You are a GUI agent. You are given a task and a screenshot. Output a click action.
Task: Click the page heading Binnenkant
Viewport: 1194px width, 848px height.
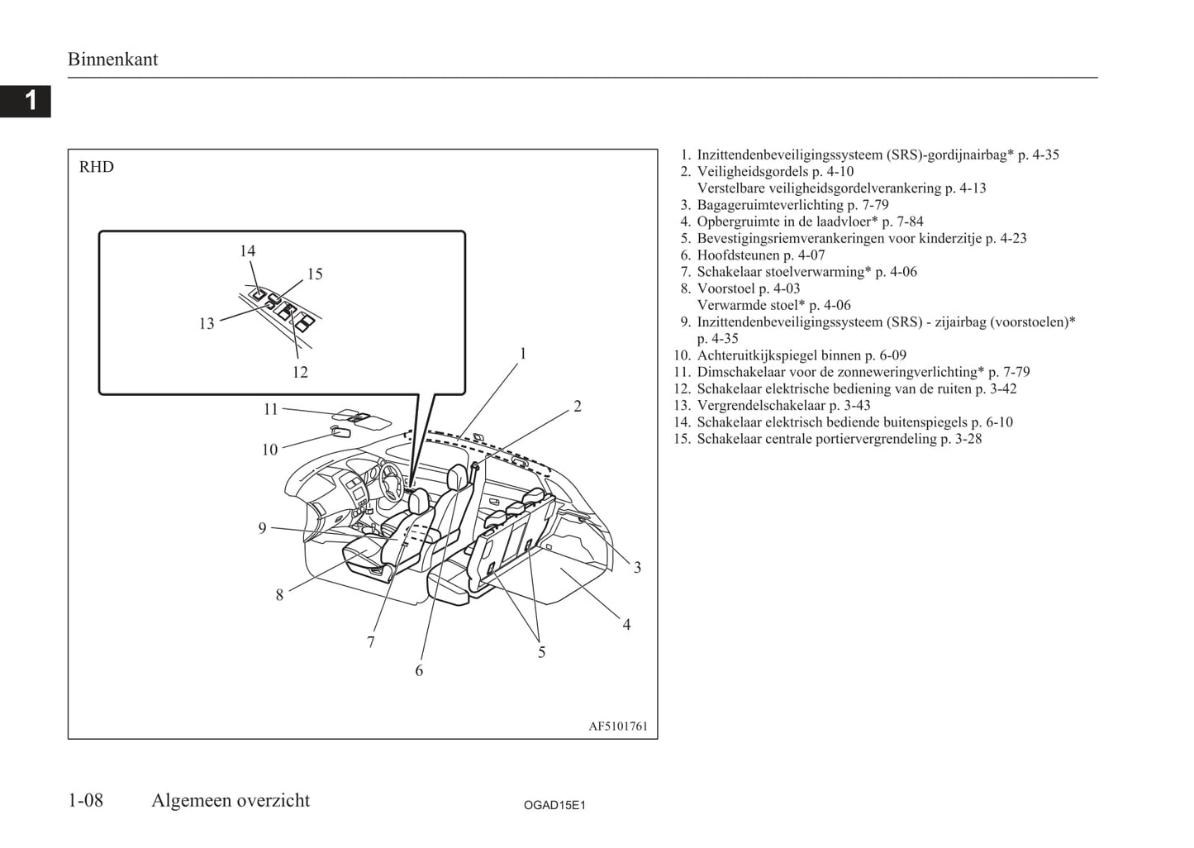coord(112,60)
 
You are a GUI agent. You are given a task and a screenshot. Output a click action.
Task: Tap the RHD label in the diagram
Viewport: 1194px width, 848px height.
coord(97,167)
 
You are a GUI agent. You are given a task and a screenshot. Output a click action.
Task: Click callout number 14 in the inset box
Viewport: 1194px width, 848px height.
coord(248,251)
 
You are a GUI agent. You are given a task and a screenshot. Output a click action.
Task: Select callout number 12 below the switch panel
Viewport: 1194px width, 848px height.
coord(300,373)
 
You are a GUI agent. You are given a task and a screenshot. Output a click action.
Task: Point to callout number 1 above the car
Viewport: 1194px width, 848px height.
coord(522,354)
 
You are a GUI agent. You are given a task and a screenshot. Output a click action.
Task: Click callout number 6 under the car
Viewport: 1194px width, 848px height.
coord(419,671)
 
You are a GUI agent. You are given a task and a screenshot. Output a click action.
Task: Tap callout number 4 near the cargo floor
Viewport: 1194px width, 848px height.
coord(626,625)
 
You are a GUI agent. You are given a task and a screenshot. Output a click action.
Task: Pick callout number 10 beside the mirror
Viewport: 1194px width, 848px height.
coord(269,450)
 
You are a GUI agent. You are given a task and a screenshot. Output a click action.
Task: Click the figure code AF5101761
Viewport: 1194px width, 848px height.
coord(618,727)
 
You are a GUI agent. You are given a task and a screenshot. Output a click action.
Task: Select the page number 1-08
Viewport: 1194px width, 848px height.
coord(86,800)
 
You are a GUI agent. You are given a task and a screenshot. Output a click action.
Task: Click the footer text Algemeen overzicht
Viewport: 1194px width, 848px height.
coord(231,800)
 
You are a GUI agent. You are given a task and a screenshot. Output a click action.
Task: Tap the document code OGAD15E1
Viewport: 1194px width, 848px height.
coord(554,805)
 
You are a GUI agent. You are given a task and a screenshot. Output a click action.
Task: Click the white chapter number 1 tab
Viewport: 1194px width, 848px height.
coord(30,101)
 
